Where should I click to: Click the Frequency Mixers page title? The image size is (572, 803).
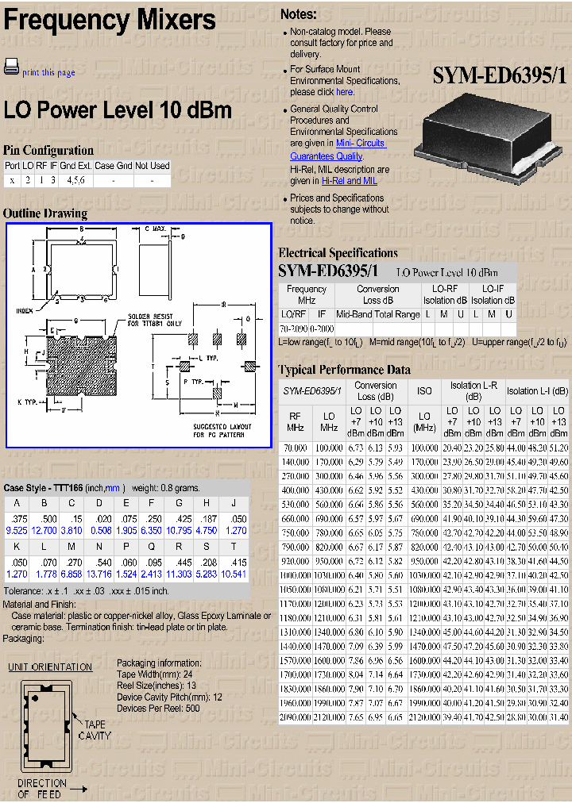pyautogui.click(x=110, y=21)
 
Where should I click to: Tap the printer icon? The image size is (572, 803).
pyautogui.click(x=11, y=67)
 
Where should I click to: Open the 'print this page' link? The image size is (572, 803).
pyautogui.click(x=48, y=72)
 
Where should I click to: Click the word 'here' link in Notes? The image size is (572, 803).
pyautogui.click(x=345, y=92)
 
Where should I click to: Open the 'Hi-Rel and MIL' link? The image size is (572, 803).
pyautogui.click(x=350, y=181)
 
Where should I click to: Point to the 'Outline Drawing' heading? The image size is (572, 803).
pyautogui.click(x=45, y=213)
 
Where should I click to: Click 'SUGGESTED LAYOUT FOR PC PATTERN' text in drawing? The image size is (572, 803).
pyautogui.click(x=220, y=430)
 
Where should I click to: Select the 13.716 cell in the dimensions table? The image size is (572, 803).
pyautogui.click(x=99, y=574)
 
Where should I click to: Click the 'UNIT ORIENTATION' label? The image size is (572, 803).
pyautogui.click(x=50, y=667)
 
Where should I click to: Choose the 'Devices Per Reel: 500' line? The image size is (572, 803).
pyautogui.click(x=158, y=708)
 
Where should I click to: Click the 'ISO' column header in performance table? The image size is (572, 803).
pyautogui.click(x=424, y=390)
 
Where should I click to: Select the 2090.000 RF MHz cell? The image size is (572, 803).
pyautogui.click(x=295, y=717)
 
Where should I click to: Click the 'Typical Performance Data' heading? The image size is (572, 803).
pyautogui.click(x=344, y=370)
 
